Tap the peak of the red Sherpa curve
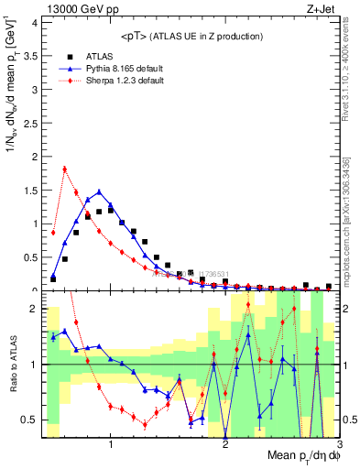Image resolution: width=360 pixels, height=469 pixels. pyautogui.click(x=64, y=169)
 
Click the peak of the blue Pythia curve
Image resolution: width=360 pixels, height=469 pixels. pyautogui.click(x=99, y=191)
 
